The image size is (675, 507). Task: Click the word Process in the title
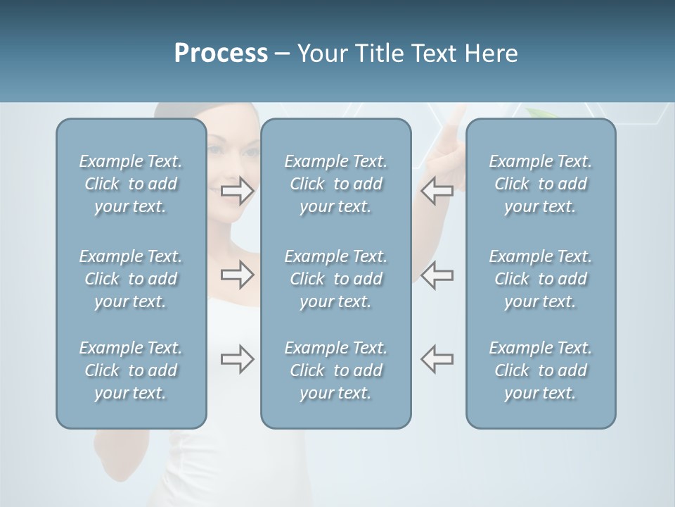221,54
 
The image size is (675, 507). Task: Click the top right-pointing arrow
237,191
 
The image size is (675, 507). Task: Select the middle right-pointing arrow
237,275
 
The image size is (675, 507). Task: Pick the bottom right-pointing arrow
237,359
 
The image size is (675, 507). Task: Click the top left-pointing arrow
437,191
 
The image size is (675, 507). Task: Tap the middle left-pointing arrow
437,275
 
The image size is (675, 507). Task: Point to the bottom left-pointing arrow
437,359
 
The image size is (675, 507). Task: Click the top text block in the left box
131,184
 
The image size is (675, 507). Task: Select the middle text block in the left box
131,279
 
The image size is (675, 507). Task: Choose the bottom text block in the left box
131,370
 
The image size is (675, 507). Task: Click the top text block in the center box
335,184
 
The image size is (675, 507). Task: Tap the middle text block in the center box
335,279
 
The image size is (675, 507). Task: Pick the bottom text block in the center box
335,370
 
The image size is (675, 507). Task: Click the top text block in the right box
540,184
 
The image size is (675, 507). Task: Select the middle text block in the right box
540,279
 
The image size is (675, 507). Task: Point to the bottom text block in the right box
540,370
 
